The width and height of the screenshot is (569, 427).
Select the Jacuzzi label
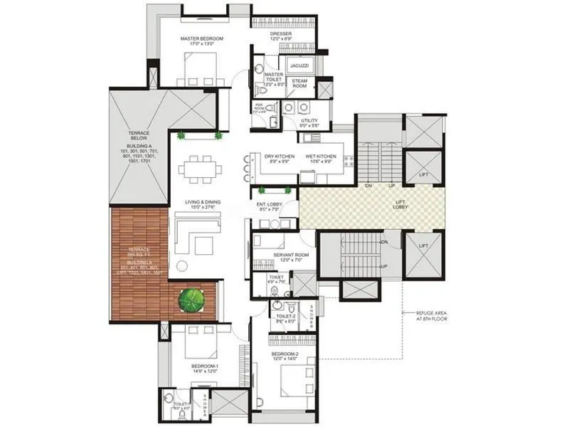click(299, 65)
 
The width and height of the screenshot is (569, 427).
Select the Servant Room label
click(279, 257)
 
